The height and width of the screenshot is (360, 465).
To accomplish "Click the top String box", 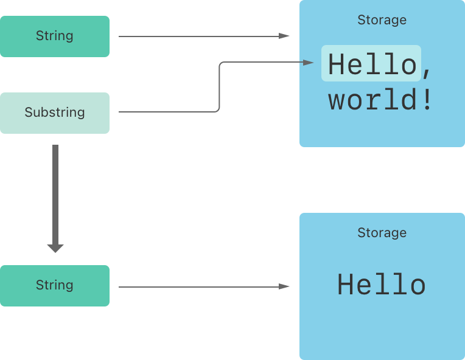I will pos(55,36).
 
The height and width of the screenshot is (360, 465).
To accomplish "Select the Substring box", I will pos(55,112).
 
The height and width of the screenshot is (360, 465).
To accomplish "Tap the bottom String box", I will pos(55,285).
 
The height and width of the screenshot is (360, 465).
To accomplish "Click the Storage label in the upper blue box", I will pos(382,20).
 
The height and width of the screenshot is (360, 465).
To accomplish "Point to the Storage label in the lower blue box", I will pos(382,233).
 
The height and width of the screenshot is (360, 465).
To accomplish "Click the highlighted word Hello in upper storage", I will pos(371,63).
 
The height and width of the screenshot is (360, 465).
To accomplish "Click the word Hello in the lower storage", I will pos(382,285).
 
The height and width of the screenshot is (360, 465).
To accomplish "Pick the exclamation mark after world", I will pos(426,100).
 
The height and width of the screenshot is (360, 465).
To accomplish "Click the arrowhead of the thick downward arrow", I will pos(55,248).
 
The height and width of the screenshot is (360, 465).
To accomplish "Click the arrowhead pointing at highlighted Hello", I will pos(309,62).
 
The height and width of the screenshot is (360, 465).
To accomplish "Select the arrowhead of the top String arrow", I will pos(284,36).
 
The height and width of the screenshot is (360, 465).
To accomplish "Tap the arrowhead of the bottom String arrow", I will pos(284,286).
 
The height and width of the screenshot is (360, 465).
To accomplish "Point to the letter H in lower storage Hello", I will pos(346,285).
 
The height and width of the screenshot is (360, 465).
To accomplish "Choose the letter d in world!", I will pos(408,100).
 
